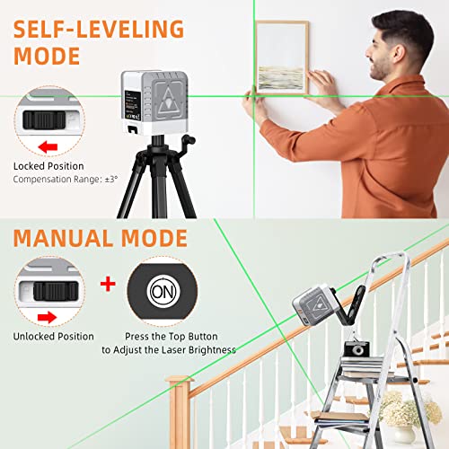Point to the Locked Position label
[48, 166]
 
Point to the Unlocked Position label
[54, 336]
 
